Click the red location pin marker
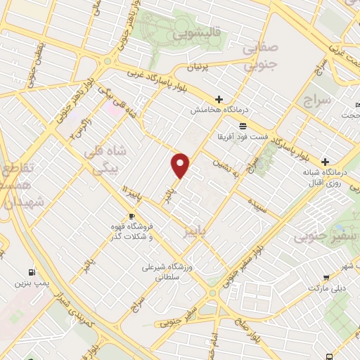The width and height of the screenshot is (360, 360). (181, 165)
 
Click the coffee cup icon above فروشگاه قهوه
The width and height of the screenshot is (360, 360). (131, 216)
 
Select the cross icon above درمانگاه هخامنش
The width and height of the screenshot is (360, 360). (219, 99)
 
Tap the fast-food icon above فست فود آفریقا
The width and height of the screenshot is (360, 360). (243, 125)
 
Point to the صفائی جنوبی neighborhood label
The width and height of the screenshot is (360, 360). (262, 57)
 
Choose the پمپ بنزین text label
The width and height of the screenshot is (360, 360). (30, 284)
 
